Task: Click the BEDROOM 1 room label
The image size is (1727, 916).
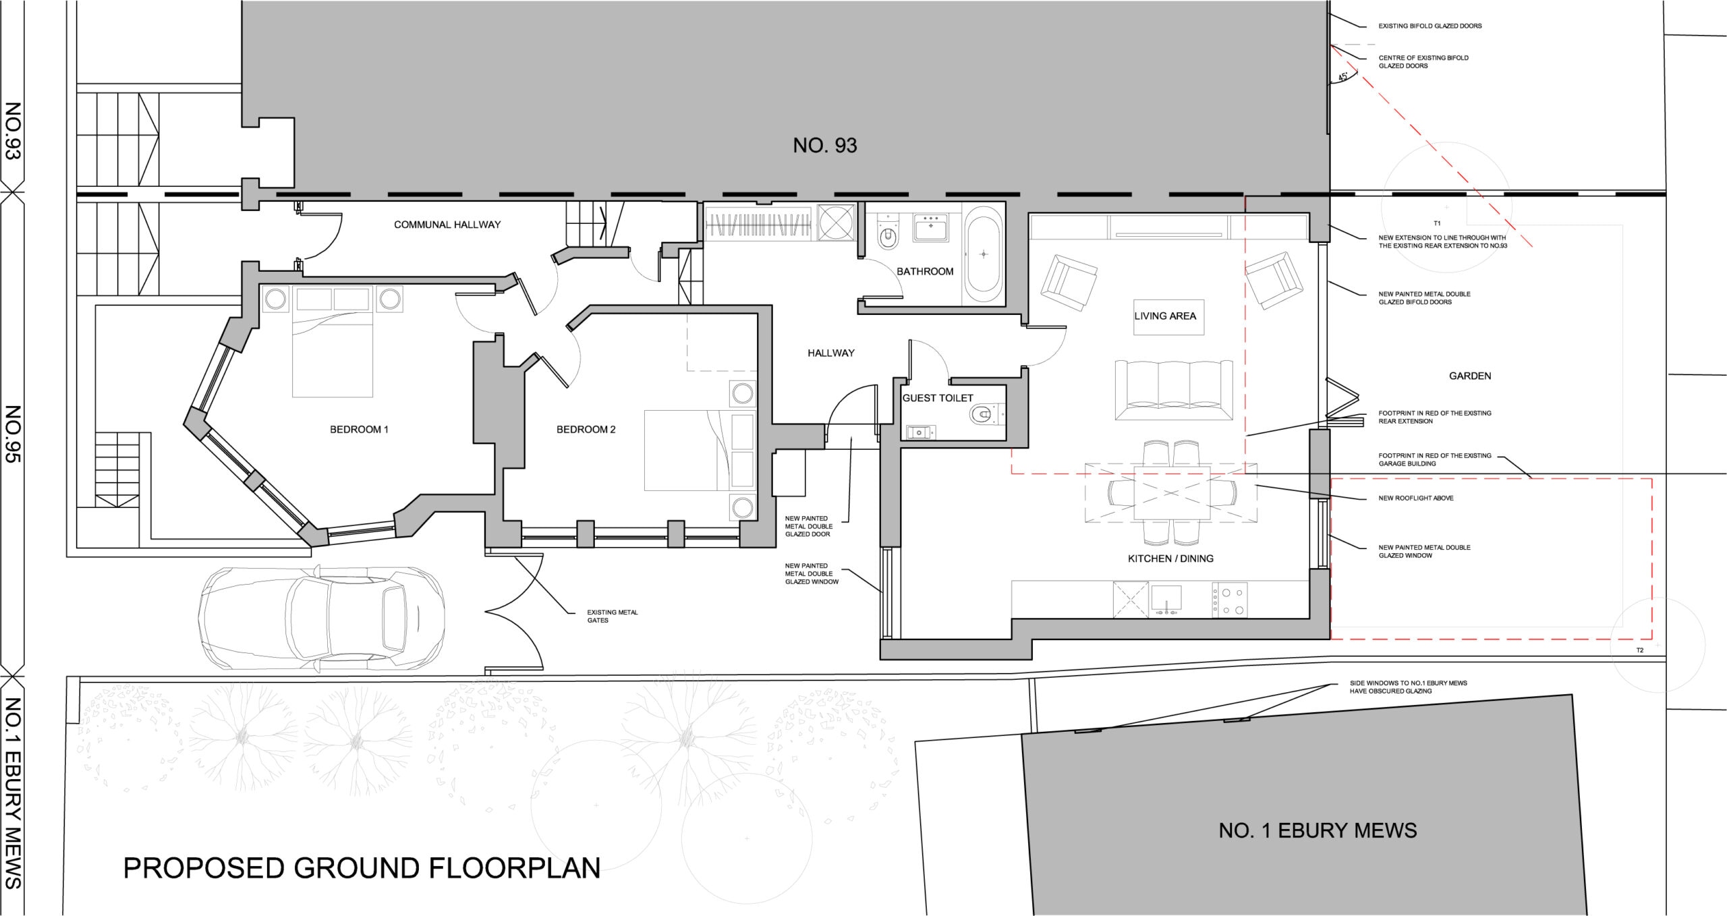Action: coord(359,430)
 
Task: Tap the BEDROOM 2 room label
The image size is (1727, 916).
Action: coord(586,430)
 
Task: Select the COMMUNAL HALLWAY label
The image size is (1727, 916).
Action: coord(447,225)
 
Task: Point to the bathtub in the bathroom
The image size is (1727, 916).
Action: coord(984,254)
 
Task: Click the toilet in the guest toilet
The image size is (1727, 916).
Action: coord(986,413)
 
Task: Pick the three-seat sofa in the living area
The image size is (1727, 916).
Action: coord(1174,390)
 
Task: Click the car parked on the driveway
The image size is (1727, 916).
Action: coord(322,620)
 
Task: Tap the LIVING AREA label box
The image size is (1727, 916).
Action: coord(1165,316)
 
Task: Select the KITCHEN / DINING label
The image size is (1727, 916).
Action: coord(1170,559)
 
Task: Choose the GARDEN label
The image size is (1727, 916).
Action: coord(1470,376)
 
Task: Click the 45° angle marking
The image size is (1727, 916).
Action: coord(1342,78)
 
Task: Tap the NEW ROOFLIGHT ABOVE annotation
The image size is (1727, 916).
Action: coord(1416,498)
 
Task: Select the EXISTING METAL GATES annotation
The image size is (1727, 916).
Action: coord(613,617)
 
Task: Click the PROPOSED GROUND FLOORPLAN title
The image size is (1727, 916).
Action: coord(362,868)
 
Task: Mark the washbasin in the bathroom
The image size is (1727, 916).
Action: coord(932,228)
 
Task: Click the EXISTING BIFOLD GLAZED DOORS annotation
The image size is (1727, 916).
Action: coord(1430,26)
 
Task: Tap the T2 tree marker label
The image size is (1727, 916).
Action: coord(1640,650)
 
